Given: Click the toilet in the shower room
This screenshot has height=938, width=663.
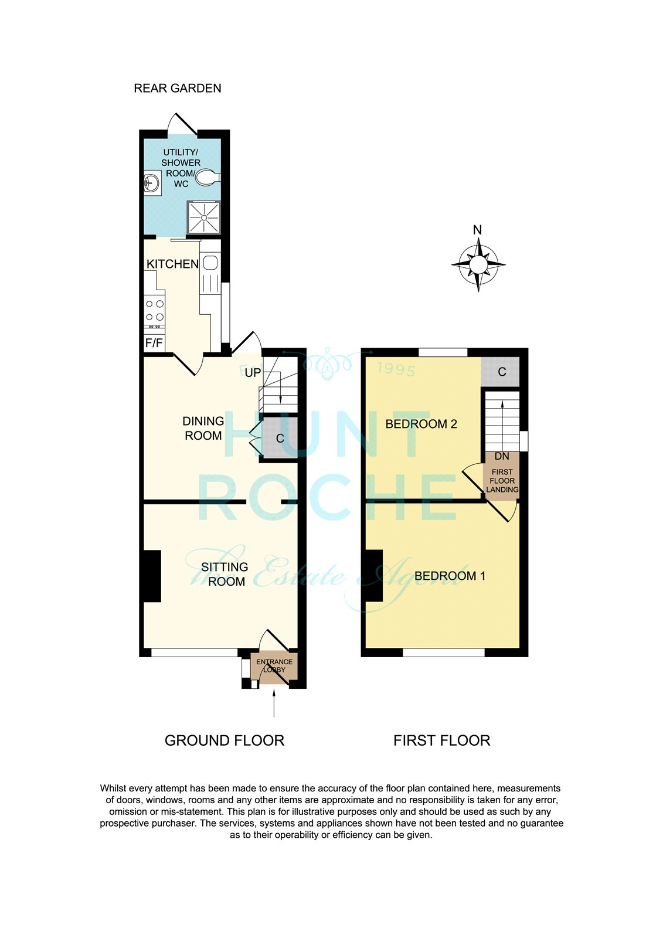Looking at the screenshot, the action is click(208, 178).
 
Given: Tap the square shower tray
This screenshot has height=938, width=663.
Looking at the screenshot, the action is click(204, 217).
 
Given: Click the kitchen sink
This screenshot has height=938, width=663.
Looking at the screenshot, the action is click(210, 263).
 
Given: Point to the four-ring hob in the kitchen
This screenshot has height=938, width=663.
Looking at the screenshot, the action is click(155, 311).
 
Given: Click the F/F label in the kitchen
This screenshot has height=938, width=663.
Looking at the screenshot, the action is click(154, 344).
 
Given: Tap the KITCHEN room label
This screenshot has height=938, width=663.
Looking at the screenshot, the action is click(172, 264).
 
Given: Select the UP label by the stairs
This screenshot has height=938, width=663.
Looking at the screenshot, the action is click(253, 373).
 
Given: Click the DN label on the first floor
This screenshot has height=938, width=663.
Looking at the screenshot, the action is click(502, 456).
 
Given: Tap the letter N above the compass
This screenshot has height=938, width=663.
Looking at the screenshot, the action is click(477, 230).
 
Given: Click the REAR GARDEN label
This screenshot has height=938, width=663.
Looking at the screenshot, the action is click(178, 89).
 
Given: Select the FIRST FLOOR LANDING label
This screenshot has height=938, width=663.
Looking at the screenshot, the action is click(502, 481).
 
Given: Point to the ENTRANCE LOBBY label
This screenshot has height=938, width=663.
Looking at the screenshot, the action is click(274, 665).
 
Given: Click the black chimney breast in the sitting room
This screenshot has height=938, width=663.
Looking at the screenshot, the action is click(152, 576).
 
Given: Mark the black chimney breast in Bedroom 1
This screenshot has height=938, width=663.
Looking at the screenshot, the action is click(374, 576).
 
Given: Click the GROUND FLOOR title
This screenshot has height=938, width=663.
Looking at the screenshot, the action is click(225, 740).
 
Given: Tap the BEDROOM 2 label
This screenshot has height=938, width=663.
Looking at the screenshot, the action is click(421, 424).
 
